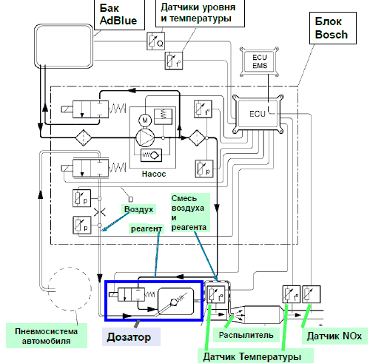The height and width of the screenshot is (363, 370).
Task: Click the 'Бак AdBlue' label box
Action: [x=119, y=14]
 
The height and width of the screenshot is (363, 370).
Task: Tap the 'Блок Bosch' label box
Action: [x=333, y=28]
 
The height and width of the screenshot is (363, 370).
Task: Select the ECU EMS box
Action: [x=260, y=61]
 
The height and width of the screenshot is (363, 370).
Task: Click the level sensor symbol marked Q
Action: [x=155, y=41]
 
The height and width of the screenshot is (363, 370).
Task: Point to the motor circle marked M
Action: [x=145, y=121]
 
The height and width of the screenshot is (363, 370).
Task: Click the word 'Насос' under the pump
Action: [x=154, y=174]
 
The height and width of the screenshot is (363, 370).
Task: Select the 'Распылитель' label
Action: [x=246, y=335]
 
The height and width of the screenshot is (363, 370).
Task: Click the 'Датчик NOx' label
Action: [x=334, y=336]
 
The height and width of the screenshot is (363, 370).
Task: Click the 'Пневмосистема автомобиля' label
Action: [x=47, y=336]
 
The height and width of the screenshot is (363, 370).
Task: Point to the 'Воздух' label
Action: [x=138, y=209]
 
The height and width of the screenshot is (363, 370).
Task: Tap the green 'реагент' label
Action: [x=147, y=228]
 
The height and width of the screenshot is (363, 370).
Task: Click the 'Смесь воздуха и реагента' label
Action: [x=190, y=212]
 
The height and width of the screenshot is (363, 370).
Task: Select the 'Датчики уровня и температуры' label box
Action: [x=200, y=13]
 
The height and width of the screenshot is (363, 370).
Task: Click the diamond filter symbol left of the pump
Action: [x=84, y=138]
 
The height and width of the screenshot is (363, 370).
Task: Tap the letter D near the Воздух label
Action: [x=131, y=199]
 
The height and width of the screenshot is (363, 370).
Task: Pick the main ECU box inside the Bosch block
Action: [x=258, y=114]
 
